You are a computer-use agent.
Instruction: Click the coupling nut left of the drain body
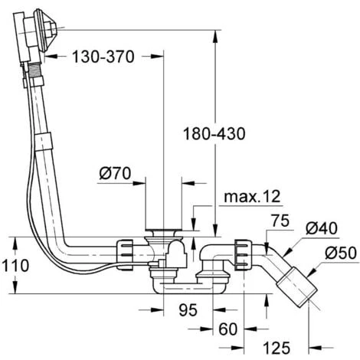[126, 249]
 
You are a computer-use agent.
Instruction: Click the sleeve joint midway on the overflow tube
[45, 141]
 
